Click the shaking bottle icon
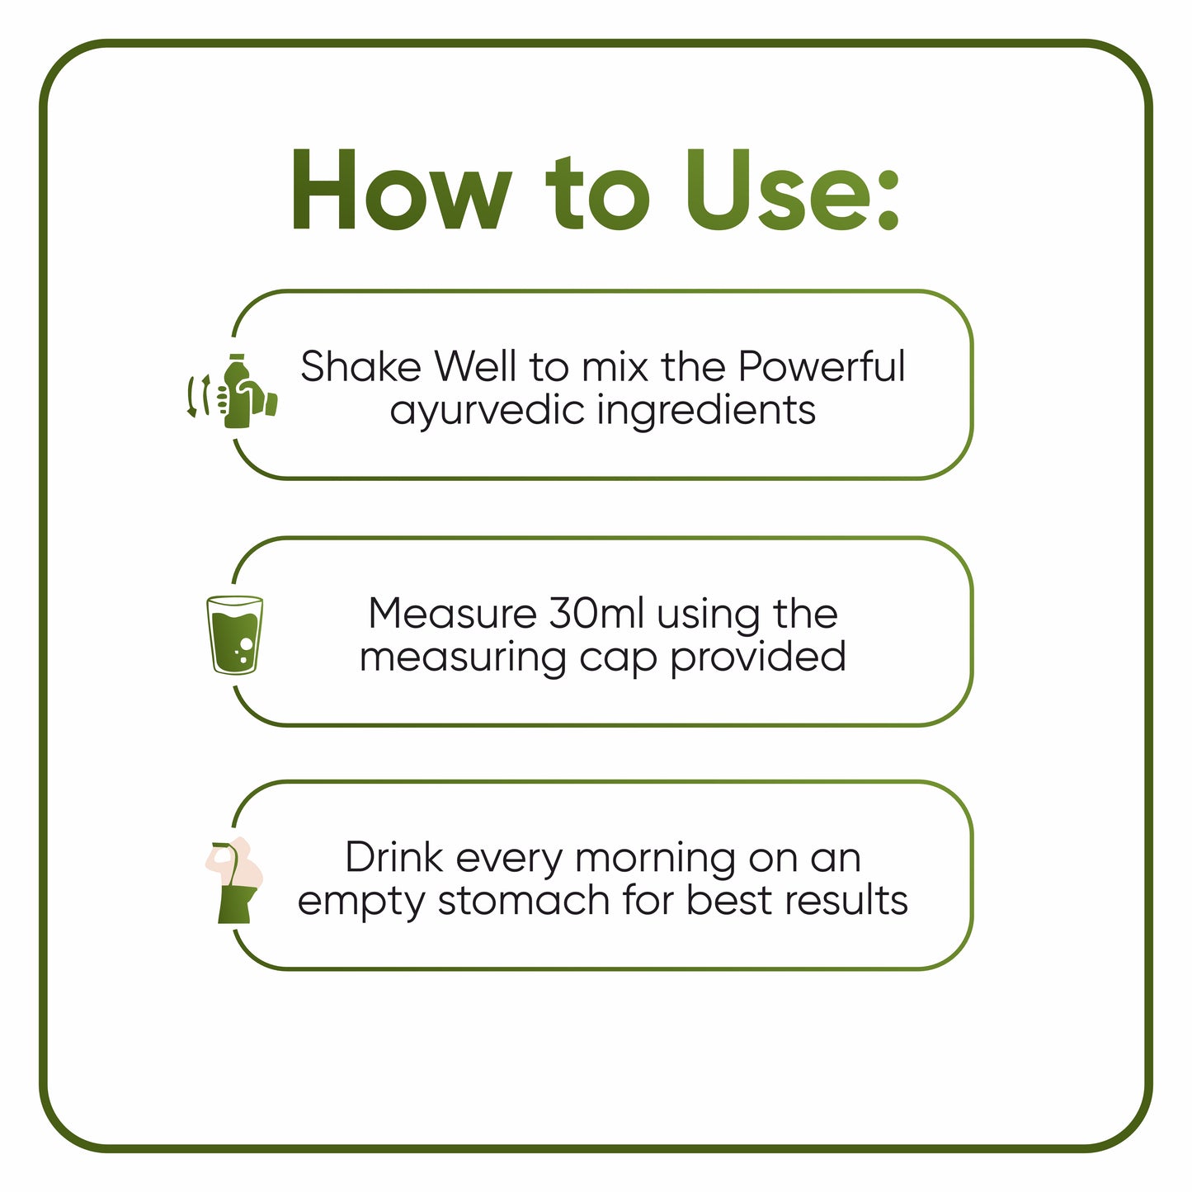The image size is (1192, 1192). [x=235, y=392]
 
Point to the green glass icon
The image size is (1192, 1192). [x=235, y=635]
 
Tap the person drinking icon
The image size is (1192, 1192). [x=235, y=880]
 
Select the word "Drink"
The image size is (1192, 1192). [x=394, y=858]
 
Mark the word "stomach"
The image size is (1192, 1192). [x=525, y=900]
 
